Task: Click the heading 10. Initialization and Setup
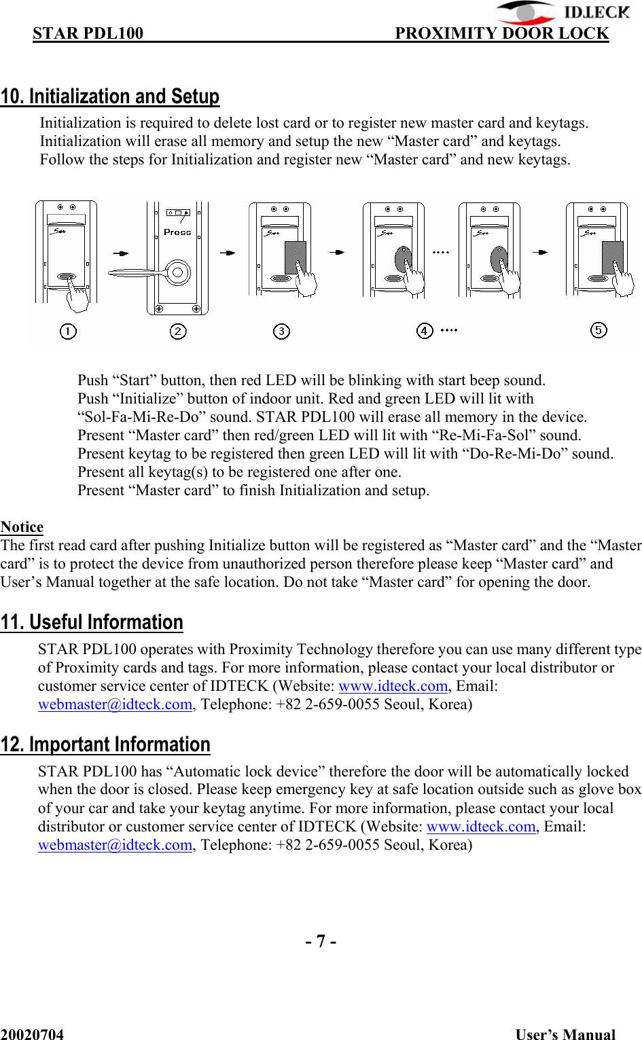pyautogui.click(x=110, y=96)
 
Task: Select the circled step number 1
pyautogui.click(x=68, y=331)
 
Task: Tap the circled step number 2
pyautogui.click(x=178, y=331)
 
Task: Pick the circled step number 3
pyautogui.click(x=281, y=331)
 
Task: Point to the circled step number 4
pyautogui.click(x=425, y=331)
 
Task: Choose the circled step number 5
pyautogui.click(x=599, y=330)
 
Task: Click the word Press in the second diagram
pyautogui.click(x=177, y=232)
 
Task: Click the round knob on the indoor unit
pyautogui.click(x=177, y=272)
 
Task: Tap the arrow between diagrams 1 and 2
pyautogui.click(x=121, y=253)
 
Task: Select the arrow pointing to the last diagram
pyautogui.click(x=540, y=252)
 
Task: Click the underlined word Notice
pyautogui.click(x=22, y=527)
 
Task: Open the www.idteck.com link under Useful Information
pyautogui.click(x=393, y=686)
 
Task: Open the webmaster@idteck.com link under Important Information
pyautogui.click(x=115, y=845)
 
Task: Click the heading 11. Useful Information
pyautogui.click(x=92, y=622)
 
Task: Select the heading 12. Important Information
pyautogui.click(x=105, y=745)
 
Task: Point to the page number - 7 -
pyautogui.click(x=321, y=941)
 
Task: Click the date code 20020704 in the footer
pyautogui.click(x=32, y=1034)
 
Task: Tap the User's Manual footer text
pyautogui.click(x=565, y=1034)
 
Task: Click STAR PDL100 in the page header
pyautogui.click(x=88, y=33)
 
